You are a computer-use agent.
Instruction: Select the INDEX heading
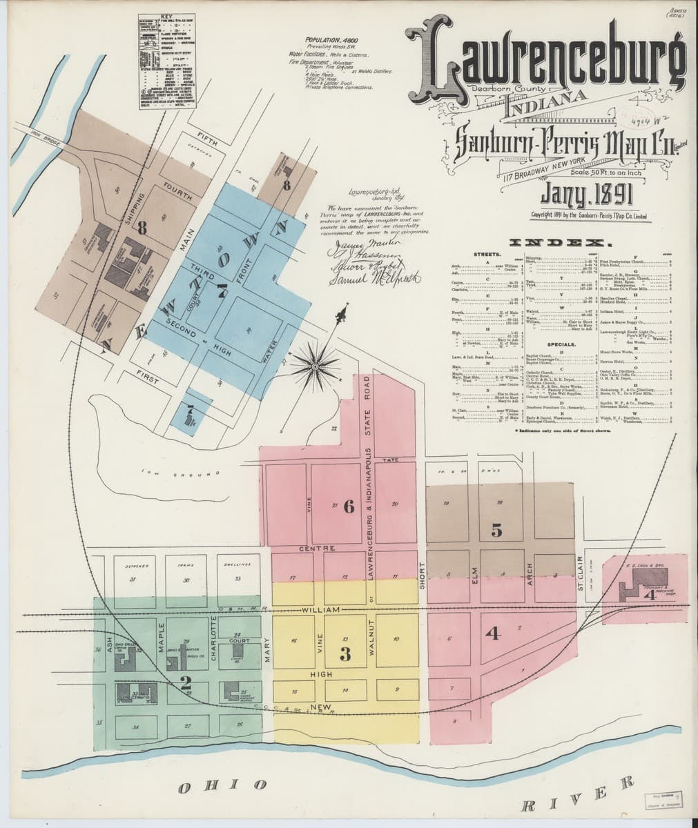click(560, 243)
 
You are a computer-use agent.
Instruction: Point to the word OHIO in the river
click(222, 785)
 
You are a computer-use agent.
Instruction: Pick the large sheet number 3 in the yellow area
click(345, 653)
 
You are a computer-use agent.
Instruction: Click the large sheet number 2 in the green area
click(184, 684)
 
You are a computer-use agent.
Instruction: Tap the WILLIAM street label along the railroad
click(321, 611)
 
